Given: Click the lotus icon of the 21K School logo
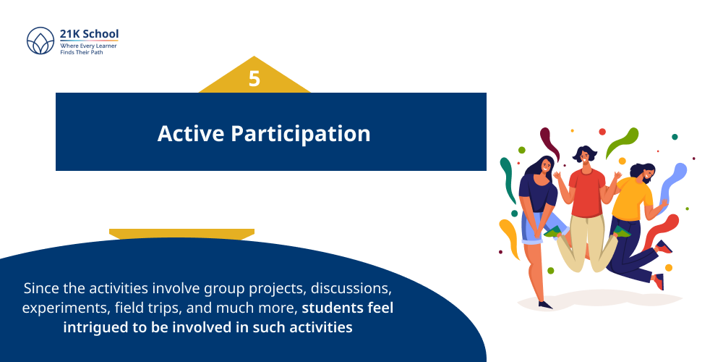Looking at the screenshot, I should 40,41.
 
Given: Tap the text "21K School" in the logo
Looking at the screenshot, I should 89,34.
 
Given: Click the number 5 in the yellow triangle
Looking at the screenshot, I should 254,79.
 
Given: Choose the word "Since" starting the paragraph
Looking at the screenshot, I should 41,288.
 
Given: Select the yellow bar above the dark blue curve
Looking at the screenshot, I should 181,233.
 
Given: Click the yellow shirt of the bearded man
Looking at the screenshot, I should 632,201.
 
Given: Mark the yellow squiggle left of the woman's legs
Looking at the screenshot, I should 509,240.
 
